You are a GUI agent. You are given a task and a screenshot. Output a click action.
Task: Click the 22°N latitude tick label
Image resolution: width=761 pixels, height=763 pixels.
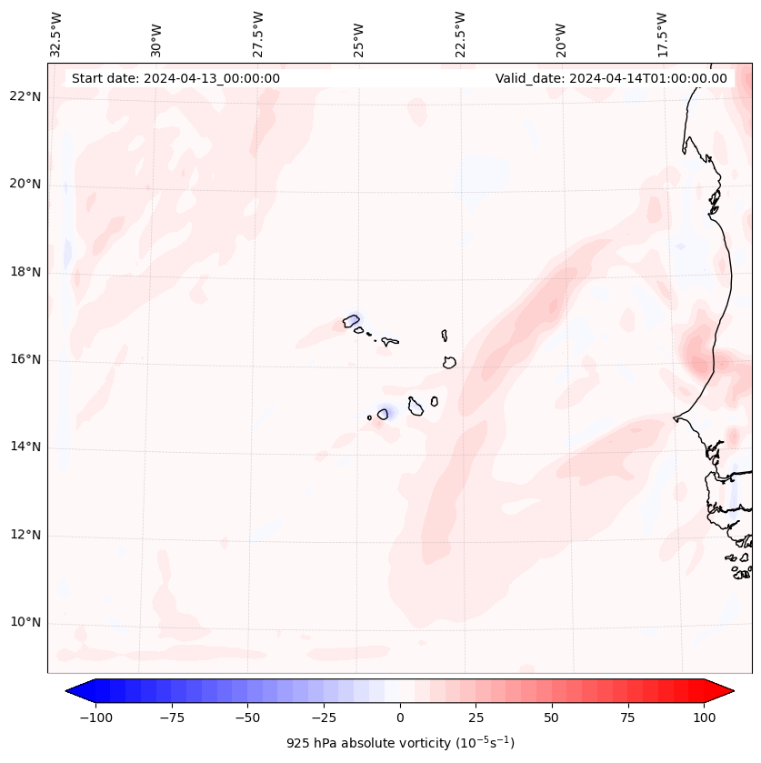pyautogui.click(x=25, y=97)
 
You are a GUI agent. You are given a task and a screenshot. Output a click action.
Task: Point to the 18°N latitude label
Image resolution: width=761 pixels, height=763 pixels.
pyautogui.click(x=25, y=273)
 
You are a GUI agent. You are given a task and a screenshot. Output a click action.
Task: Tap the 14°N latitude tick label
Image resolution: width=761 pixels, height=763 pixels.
pyautogui.click(x=25, y=447)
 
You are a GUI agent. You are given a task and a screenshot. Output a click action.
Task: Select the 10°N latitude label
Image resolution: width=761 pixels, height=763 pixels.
pyautogui.click(x=25, y=623)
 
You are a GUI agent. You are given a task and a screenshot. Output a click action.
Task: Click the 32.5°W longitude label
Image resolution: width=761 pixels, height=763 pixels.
pyautogui.click(x=56, y=35)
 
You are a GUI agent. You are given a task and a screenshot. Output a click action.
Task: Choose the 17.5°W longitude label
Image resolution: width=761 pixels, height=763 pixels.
pyautogui.click(x=662, y=35)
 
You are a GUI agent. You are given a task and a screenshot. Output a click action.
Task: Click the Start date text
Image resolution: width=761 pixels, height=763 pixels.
pyautogui.click(x=175, y=78)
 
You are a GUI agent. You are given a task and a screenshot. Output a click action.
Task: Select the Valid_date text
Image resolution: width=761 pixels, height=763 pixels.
pyautogui.click(x=611, y=78)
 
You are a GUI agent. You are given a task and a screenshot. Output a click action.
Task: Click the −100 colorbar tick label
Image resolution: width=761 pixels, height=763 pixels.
pyautogui.click(x=94, y=718)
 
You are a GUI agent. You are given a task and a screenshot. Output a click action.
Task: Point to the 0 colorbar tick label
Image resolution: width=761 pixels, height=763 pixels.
pyautogui.click(x=400, y=718)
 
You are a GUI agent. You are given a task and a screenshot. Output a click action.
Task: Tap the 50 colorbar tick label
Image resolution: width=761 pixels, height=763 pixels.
pyautogui.click(x=552, y=718)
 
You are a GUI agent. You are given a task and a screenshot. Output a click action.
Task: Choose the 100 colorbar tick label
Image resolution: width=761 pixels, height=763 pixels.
pyautogui.click(x=705, y=718)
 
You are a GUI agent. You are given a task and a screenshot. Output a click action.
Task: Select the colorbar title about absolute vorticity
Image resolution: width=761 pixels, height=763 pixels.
pyautogui.click(x=400, y=743)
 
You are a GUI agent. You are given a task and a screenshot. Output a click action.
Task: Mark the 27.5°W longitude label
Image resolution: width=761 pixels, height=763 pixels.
pyautogui.click(x=258, y=35)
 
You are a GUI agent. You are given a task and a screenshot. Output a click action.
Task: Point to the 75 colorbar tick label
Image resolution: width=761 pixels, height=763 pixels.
pyautogui.click(x=628, y=718)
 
